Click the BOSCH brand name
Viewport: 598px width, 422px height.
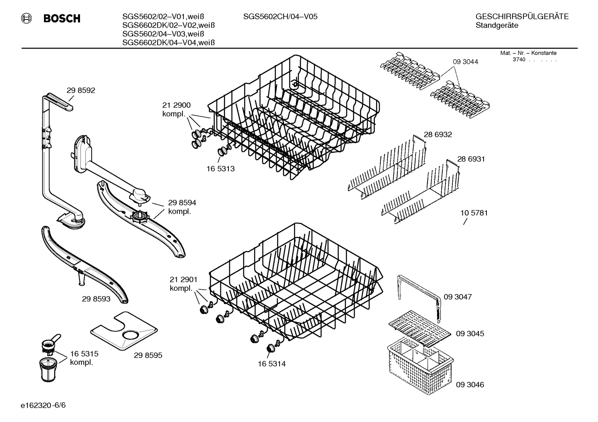tap(62, 19)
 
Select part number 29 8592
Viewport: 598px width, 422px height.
tap(81, 90)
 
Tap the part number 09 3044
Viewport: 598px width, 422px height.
tap(465, 62)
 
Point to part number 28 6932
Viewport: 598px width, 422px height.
tap(438, 135)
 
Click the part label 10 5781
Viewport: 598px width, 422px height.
tap(474, 213)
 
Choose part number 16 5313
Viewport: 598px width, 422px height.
tap(220, 169)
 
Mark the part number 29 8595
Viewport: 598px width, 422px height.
tap(148, 355)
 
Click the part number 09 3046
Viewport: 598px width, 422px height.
tap(470, 385)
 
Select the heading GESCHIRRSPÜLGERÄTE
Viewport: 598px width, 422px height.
tap(522, 17)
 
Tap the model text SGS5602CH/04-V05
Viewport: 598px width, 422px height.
tap(280, 17)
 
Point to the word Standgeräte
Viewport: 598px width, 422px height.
tap(496, 26)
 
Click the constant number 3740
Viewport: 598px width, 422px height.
tap(518, 60)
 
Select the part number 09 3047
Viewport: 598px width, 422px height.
tap(457, 297)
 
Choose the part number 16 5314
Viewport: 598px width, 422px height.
tap(272, 364)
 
